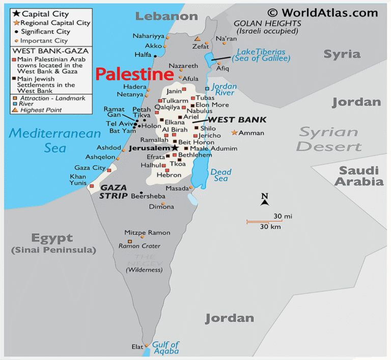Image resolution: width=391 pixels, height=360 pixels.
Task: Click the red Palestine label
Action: (134, 75)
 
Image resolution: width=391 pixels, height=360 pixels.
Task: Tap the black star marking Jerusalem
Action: (175, 147)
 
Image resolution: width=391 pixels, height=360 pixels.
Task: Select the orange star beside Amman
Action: (234, 133)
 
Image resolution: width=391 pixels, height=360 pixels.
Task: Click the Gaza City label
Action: (90, 167)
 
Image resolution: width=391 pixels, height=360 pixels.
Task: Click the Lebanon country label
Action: (166, 16)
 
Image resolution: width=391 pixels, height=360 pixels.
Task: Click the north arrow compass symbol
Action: (264, 200)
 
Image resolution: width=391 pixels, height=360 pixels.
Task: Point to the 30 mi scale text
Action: (283, 216)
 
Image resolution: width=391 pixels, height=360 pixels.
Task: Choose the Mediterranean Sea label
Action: (55, 140)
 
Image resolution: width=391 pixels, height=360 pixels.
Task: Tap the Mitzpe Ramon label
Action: (147, 232)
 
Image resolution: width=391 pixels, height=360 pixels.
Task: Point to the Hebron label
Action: (169, 175)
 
